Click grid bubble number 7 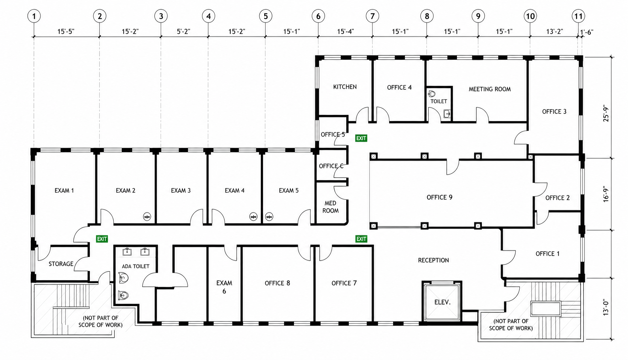372,16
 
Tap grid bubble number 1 34,16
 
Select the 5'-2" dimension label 183,32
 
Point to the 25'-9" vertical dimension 606,114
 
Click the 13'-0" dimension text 606,308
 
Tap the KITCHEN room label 345,87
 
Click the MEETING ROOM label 490,89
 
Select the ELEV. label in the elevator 442,302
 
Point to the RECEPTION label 433,260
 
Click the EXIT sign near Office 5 361,138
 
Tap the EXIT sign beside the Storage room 102,239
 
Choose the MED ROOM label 330,207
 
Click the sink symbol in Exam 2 147,217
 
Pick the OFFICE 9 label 439,197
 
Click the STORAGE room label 61,264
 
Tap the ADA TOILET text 136,266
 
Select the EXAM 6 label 224,287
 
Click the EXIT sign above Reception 361,239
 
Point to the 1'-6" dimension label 587,32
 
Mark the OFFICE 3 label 554,112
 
